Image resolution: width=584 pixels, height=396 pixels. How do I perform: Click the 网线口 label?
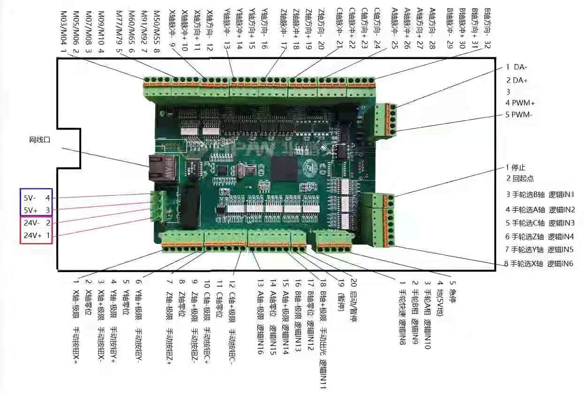pyautogui.click(x=39, y=140)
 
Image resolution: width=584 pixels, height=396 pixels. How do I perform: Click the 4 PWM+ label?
pyautogui.click(x=520, y=103)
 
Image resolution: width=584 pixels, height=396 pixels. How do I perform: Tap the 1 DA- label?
pyautogui.click(x=516, y=67)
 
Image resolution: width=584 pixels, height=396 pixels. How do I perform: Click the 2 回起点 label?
pyautogui.click(x=520, y=179)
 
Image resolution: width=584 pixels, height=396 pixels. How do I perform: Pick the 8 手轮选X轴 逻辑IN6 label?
pyautogui.click(x=538, y=264)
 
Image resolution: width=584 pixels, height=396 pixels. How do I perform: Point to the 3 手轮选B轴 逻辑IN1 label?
pyautogui.click(x=540, y=194)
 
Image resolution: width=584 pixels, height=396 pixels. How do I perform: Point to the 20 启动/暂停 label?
pyautogui.click(x=352, y=300)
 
